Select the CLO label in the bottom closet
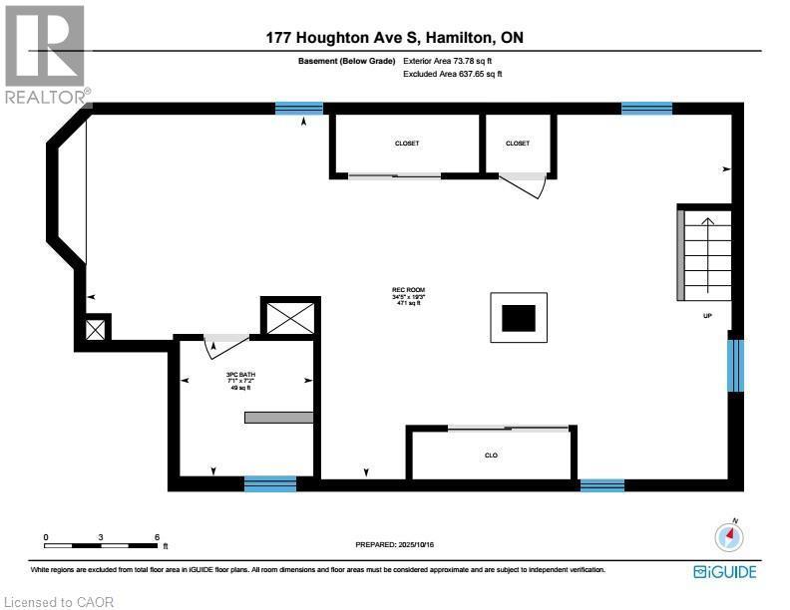(491, 456)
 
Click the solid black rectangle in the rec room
(518, 318)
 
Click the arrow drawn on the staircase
(706, 239)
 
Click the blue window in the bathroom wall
(270, 484)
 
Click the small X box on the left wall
(95, 330)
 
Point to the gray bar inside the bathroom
(279, 418)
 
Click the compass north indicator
(730, 536)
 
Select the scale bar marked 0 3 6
(101, 544)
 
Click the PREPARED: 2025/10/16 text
(396, 545)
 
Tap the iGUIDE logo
(724, 571)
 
